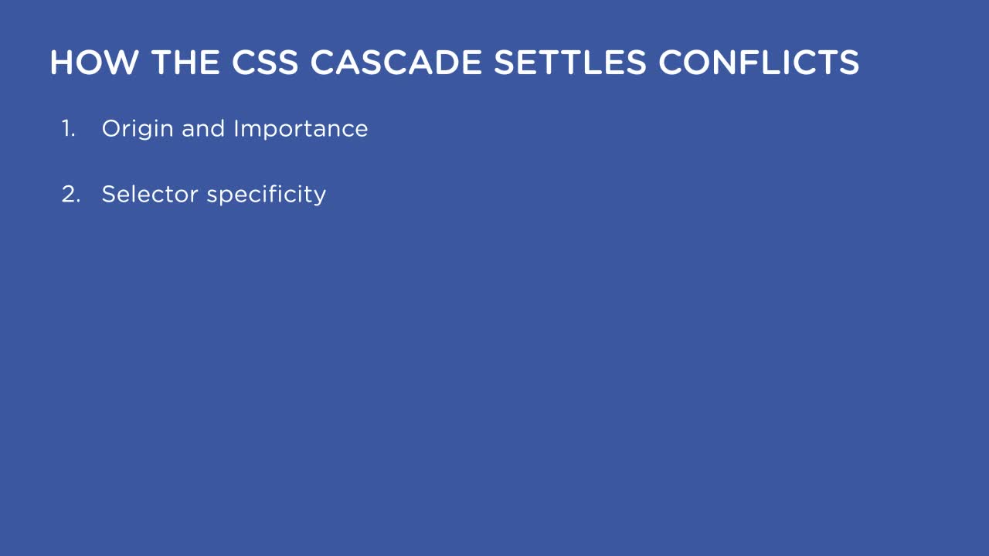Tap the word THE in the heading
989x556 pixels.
point(186,63)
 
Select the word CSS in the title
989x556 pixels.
point(265,63)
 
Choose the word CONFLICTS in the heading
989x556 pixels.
point(759,63)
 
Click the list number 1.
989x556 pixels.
point(68,129)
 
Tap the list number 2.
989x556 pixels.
point(70,194)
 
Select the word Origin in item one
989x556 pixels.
point(138,129)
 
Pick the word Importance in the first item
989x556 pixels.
point(301,129)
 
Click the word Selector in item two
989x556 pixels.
point(150,194)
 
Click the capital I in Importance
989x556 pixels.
point(236,129)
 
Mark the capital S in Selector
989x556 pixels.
point(108,194)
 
